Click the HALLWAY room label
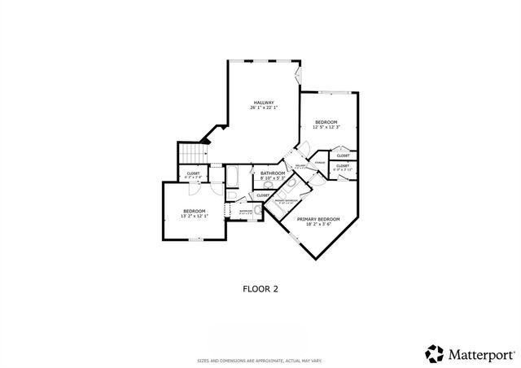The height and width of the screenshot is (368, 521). click(264, 102)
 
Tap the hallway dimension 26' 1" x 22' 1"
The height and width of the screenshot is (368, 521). click(264, 107)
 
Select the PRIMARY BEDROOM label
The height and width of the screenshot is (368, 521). click(317, 219)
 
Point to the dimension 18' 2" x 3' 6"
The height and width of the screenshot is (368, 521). click(317, 225)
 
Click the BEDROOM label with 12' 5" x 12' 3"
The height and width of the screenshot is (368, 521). click(326, 121)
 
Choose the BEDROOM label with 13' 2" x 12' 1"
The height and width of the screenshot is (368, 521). click(194, 212)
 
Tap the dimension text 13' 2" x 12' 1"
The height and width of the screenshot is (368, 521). click(194, 217)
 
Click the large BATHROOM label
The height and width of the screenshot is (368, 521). click(272, 173)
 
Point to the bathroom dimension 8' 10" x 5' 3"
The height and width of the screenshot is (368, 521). click(272, 178)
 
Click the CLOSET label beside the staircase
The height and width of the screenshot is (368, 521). click(194, 173)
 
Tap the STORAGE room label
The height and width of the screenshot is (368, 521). click(320, 163)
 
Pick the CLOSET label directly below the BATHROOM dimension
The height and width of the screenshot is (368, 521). click(263, 195)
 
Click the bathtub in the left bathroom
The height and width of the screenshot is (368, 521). click(231, 177)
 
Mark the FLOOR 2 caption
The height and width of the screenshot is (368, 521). click(260, 287)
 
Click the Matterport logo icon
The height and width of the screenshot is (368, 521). click(436, 353)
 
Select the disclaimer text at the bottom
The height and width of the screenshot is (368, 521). click(260, 360)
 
